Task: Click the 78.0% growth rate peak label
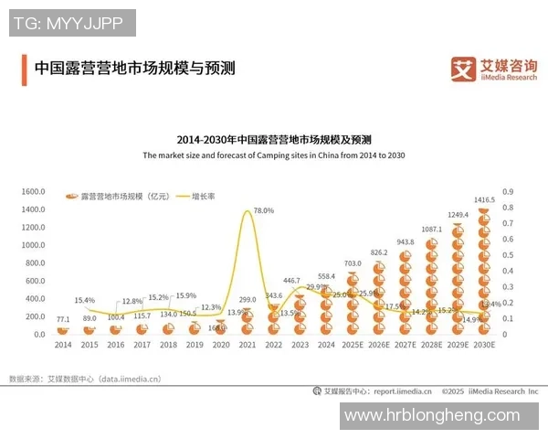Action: click(x=263, y=210)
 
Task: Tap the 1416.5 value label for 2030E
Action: click(x=484, y=199)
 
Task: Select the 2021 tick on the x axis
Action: click(x=247, y=345)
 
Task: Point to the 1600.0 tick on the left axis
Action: click(x=33, y=192)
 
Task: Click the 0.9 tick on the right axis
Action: click(x=509, y=192)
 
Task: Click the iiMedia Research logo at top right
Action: click(x=494, y=70)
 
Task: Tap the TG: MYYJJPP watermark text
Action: click(x=72, y=23)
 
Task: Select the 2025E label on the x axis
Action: click(x=353, y=345)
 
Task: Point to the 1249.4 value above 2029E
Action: click(x=458, y=215)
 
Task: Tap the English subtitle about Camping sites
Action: click(x=273, y=155)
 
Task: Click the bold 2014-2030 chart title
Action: click(x=274, y=140)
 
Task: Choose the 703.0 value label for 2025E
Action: click(x=353, y=263)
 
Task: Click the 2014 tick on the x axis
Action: click(x=62, y=345)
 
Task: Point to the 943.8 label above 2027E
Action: click(x=405, y=242)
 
